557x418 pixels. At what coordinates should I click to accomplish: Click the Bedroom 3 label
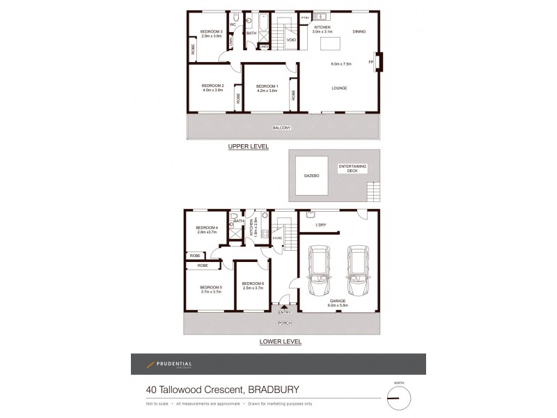click(x=211, y=32)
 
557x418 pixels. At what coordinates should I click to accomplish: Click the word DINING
click(x=359, y=32)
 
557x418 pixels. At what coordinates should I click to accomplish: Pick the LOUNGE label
click(x=339, y=88)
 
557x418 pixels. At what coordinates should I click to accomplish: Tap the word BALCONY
click(x=281, y=128)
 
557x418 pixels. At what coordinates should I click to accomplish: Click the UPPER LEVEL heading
click(x=249, y=148)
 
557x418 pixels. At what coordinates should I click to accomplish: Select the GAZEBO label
click(x=310, y=176)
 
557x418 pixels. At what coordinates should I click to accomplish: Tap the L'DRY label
click(x=321, y=224)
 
